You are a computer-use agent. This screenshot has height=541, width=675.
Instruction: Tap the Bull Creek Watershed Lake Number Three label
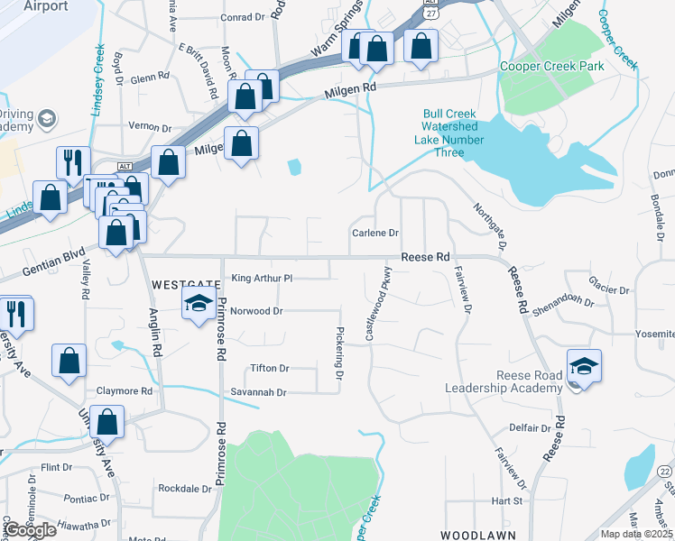click(x=453, y=133)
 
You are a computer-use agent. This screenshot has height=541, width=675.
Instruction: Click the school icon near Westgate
click(x=199, y=306)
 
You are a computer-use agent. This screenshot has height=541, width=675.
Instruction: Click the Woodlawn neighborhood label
click(x=477, y=536)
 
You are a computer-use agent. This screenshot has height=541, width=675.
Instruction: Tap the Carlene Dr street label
click(x=374, y=233)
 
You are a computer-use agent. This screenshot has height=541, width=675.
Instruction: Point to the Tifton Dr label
click(x=270, y=368)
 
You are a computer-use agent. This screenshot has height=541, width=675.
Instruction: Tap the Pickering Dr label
click(x=340, y=353)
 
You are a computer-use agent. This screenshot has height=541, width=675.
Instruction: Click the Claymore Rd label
click(x=124, y=391)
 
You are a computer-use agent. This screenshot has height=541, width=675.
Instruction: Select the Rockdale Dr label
click(x=184, y=489)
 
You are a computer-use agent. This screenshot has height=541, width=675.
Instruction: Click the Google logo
click(x=30, y=530)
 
